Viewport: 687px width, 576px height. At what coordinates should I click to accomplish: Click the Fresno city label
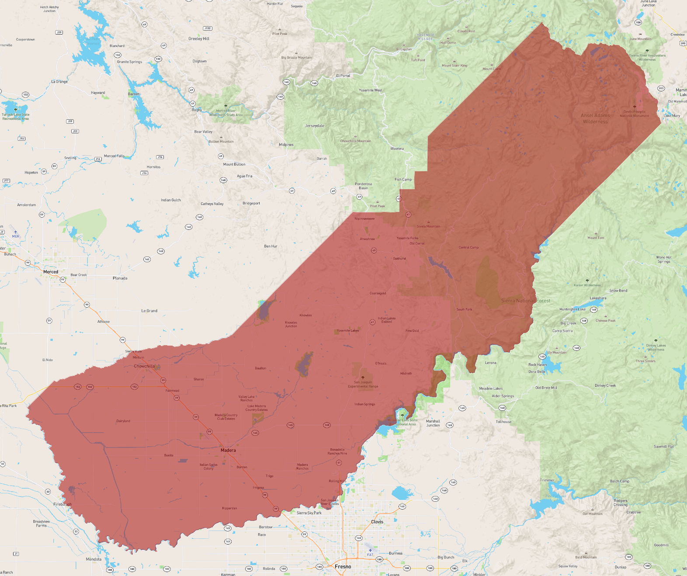343,566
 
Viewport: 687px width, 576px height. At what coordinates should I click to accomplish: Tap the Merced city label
51,272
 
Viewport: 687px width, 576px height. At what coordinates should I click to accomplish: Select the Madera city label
228,450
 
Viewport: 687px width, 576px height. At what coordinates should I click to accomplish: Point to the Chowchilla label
144,366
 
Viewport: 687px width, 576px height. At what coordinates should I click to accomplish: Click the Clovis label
377,522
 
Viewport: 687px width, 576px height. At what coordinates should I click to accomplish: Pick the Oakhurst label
399,259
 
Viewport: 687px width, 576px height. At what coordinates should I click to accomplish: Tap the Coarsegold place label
378,293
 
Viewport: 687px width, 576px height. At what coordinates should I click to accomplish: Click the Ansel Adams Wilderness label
595,118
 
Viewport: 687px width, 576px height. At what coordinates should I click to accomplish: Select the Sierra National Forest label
525,301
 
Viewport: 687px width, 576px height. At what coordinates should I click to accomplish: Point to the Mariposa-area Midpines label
286,145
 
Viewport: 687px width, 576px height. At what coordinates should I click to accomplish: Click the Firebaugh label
62,504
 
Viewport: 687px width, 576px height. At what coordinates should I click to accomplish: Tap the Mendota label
94,559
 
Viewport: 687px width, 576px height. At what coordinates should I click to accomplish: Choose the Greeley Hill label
199,39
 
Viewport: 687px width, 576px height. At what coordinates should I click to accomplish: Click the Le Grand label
149,311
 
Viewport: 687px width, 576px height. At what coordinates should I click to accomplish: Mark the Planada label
120,278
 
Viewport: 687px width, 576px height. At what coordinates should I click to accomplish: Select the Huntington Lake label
572,309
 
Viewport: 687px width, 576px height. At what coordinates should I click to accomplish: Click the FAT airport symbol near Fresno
370,551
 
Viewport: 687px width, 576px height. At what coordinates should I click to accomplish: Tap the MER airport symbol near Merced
16,232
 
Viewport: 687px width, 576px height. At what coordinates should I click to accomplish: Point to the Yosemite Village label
425,37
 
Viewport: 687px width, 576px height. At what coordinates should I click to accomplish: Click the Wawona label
397,149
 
